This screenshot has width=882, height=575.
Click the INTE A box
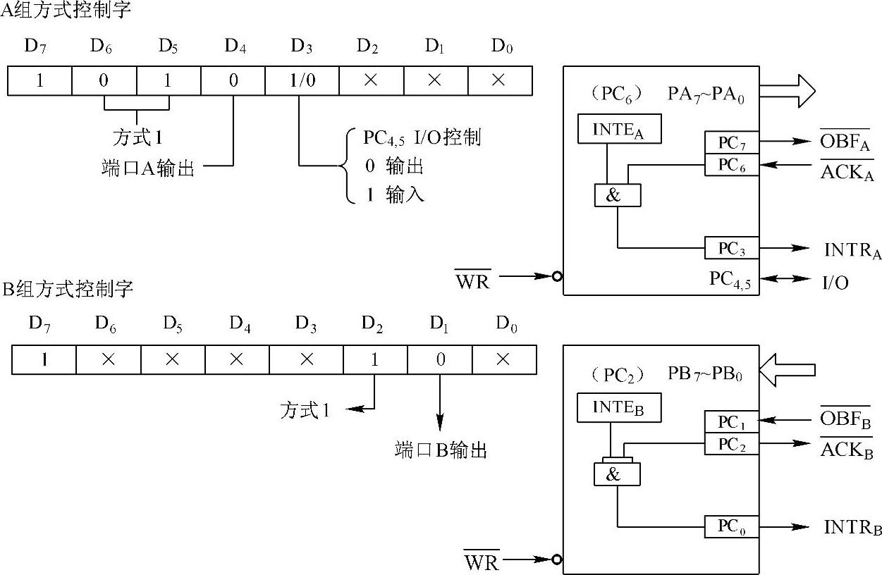619,130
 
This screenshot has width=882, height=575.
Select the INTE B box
618,408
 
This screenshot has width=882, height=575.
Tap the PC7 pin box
731,142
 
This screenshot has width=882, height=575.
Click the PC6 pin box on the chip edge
731,165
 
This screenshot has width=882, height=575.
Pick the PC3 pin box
731,248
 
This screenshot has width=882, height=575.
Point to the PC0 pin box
731,526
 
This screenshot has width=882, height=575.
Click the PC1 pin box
731,422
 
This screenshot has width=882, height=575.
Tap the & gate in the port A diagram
617,195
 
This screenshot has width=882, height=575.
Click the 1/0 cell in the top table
302,80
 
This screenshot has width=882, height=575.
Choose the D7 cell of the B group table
44,360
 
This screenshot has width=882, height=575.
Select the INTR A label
852,249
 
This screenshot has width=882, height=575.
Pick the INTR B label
852,527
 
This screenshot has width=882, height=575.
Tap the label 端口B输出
441,450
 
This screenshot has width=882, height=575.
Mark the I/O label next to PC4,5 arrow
835,283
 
